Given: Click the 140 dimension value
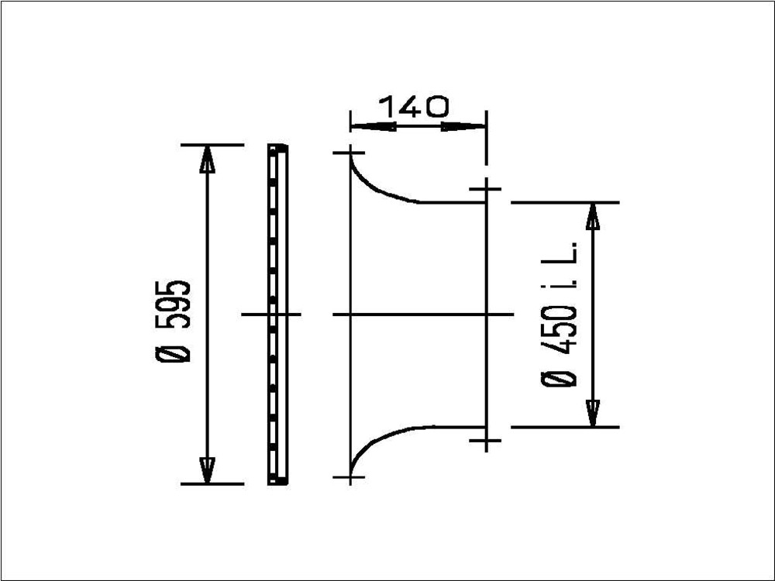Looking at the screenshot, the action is point(414,107).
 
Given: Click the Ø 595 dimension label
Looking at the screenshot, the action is point(171,321).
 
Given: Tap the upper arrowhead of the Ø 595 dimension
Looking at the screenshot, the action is point(207,159).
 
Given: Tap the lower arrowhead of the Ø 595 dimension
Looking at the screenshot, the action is point(207,470).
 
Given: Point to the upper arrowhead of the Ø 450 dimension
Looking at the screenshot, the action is point(592,216).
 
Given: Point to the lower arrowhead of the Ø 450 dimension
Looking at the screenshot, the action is point(592,413).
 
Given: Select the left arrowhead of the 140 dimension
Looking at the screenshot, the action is point(374,126).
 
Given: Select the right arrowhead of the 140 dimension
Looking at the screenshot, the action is point(463,126).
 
